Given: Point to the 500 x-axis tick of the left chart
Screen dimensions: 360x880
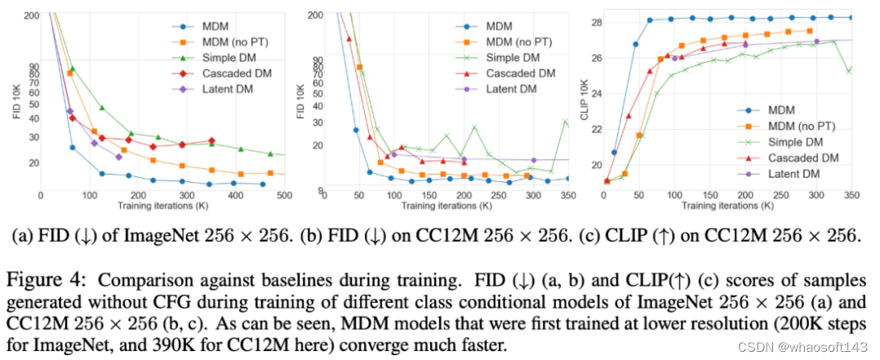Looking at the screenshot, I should [285, 196].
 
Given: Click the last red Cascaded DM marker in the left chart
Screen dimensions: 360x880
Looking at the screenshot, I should [211, 141].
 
